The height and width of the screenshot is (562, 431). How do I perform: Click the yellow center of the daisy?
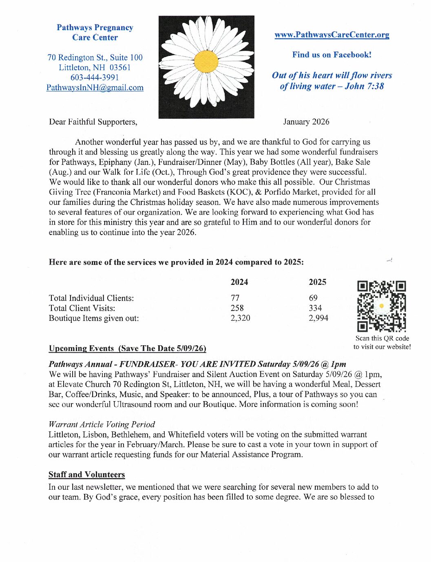(x=206, y=62)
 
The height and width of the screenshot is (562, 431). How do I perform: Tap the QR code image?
(x=382, y=306)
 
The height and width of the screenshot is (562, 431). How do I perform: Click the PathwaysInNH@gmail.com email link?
(x=95, y=88)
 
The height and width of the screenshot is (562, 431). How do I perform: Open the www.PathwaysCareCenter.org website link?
(x=332, y=35)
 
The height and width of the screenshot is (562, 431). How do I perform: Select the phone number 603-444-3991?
(x=95, y=78)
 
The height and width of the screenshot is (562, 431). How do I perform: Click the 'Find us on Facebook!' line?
(x=332, y=55)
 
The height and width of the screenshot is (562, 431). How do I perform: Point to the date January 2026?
(x=306, y=122)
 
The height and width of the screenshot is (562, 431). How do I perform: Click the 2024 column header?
(x=239, y=282)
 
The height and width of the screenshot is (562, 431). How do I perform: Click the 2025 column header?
(x=317, y=282)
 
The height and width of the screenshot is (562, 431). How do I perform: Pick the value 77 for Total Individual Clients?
(x=235, y=298)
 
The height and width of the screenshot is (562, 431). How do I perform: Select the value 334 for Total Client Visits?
(x=315, y=308)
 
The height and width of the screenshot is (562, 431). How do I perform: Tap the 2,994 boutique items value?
(x=318, y=318)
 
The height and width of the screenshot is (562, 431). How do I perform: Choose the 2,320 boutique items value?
(x=240, y=318)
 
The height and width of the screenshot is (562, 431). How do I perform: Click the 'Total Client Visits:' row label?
(x=82, y=308)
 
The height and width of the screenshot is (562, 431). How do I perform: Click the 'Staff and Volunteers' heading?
(x=87, y=475)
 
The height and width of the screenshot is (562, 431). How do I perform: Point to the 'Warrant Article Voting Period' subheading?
(x=102, y=424)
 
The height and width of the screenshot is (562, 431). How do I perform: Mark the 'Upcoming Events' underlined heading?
(x=81, y=349)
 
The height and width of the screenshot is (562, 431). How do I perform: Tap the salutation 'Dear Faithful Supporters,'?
(x=93, y=122)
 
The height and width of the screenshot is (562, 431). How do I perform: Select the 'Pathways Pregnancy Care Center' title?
(x=95, y=33)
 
